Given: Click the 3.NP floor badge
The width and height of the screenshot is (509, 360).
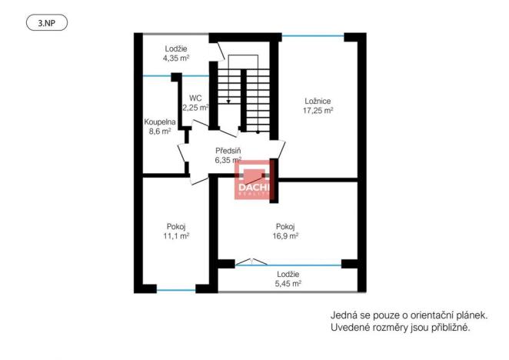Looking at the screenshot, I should pyautogui.click(x=47, y=23).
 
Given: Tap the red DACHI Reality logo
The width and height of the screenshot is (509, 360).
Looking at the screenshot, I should pyautogui.click(x=253, y=181).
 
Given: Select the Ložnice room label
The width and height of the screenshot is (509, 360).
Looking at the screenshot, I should pyautogui.click(x=317, y=101).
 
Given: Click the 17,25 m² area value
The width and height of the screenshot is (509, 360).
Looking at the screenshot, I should pyautogui.click(x=317, y=111).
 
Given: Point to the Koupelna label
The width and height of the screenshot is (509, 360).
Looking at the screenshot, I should pyautogui.click(x=160, y=122).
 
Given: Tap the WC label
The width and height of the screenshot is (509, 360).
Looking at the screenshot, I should pyautogui.click(x=195, y=98).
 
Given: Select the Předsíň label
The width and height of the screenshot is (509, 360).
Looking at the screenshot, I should pyautogui.click(x=229, y=151).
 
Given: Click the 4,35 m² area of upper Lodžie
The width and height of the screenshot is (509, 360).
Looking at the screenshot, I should pyautogui.click(x=176, y=58).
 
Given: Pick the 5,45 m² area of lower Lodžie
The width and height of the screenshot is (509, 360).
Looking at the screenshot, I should pyautogui.click(x=290, y=284).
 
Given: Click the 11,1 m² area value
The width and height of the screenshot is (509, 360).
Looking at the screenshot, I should pyautogui.click(x=176, y=236).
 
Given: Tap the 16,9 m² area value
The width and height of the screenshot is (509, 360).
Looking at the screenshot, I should pyautogui.click(x=286, y=236).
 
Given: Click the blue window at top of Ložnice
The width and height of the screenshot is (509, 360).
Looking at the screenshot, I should pyautogui.click(x=314, y=35).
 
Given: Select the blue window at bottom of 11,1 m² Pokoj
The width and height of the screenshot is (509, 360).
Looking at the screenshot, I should pyautogui.click(x=176, y=289).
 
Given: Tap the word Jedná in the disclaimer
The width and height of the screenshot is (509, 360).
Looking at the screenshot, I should pyautogui.click(x=344, y=315).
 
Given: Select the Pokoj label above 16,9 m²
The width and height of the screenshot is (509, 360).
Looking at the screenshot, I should pyautogui.click(x=286, y=226).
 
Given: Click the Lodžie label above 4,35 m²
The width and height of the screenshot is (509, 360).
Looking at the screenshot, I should pyautogui.click(x=176, y=48).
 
